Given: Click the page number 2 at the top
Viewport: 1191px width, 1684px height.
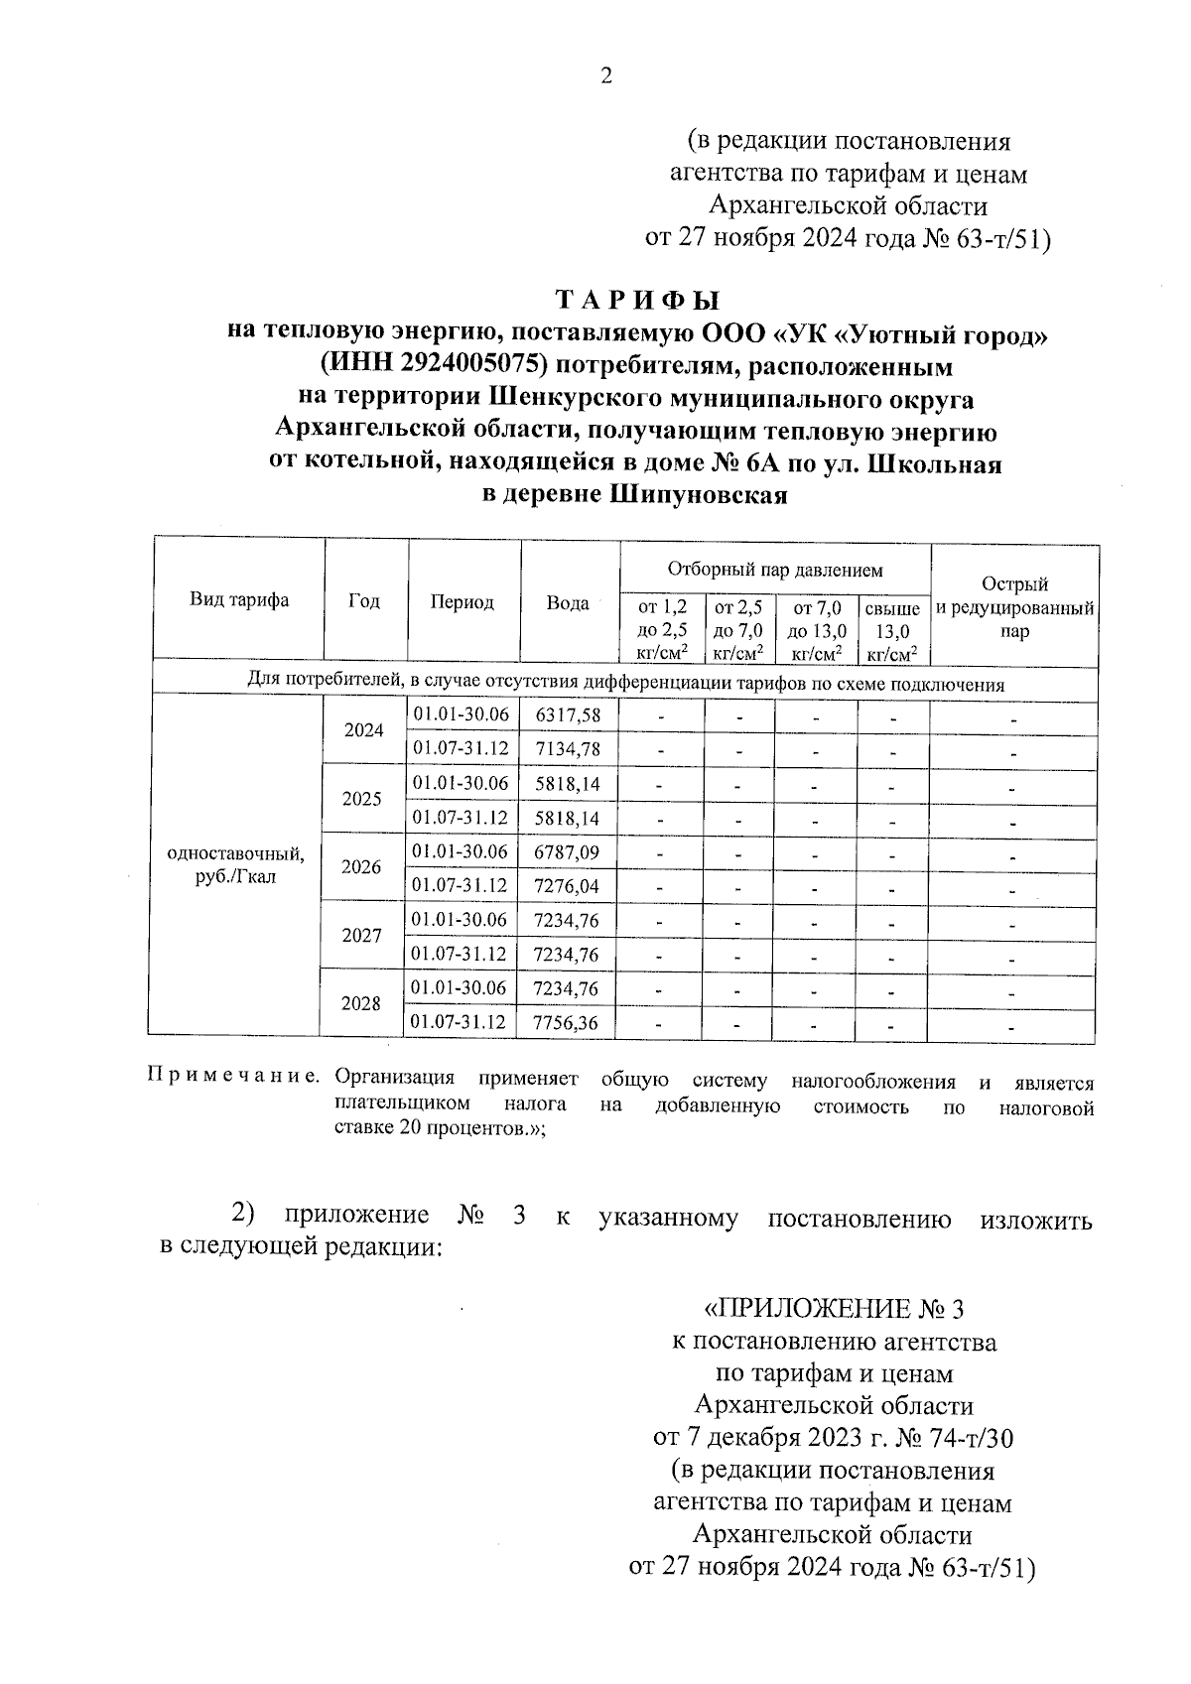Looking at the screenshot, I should [606, 76].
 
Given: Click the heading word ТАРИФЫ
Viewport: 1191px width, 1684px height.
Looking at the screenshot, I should [636, 300].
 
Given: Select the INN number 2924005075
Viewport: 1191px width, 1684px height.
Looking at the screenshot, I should [459, 366].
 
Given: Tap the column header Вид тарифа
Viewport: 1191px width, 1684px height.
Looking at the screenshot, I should [239, 600].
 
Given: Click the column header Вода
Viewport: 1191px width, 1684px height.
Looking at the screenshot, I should [568, 602].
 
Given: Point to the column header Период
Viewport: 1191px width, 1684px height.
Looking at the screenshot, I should [463, 602].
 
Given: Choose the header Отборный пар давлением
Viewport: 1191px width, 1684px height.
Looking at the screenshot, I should [774, 570].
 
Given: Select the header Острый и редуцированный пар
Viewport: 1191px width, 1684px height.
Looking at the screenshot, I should [1014, 607].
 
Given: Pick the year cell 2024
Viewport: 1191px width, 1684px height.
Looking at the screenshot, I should [364, 730].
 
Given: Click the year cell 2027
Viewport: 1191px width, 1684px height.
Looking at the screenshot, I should [361, 935].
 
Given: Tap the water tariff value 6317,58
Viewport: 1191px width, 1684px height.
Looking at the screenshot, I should [567, 715].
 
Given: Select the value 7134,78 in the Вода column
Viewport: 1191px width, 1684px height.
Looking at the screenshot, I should [567, 748].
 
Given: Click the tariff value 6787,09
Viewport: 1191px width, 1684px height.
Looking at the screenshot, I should [567, 851].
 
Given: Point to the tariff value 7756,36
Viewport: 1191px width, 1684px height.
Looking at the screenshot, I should [567, 1022].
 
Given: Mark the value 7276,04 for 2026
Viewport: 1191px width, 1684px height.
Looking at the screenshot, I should [567, 885].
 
